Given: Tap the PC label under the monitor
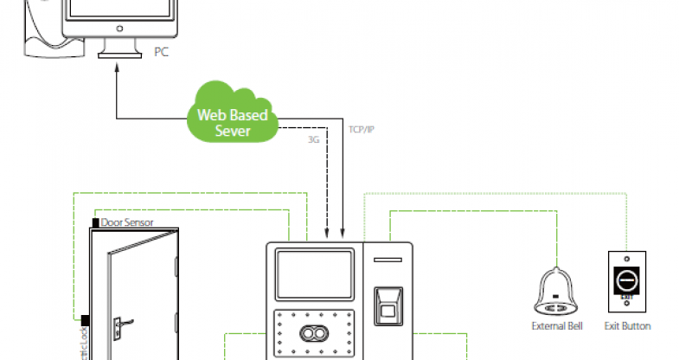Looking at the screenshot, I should point(160,51).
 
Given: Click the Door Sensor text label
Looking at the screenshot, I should point(127,222).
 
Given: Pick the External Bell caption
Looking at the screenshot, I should point(557,326).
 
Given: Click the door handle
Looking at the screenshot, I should point(122,325).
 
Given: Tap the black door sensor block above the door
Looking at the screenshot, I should point(95,223).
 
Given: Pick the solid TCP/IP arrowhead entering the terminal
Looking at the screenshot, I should point(343,233).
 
